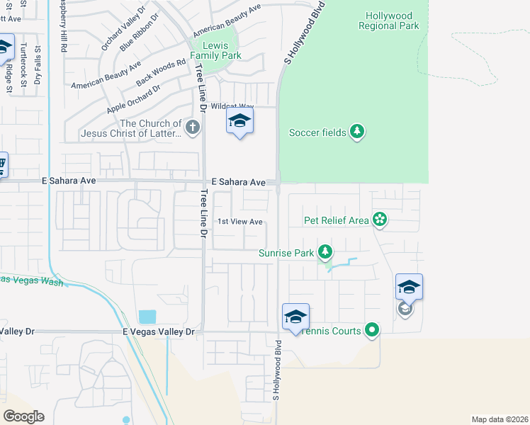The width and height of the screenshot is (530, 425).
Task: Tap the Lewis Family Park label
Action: pos(216,50)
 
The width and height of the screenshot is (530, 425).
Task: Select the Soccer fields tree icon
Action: pos(358,132)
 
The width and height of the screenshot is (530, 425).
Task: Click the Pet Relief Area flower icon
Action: pos(380,220)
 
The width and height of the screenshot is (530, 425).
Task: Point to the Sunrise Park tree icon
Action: pos(325,251)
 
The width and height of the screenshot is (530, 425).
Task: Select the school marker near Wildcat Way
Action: pos(239,121)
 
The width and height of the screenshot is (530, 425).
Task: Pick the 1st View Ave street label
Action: pos(240,222)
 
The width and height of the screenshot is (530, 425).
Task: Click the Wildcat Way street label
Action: pos(232,106)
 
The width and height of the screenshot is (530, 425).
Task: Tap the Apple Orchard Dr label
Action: pos(133,99)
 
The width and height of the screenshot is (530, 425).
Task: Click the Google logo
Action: pos(23,416)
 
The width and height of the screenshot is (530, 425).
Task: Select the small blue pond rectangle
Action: pos(147,317)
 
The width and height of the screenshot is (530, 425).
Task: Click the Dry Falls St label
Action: pos(37,65)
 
